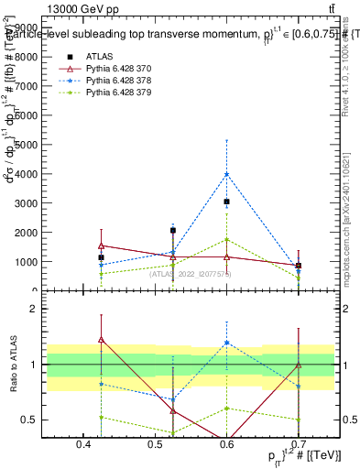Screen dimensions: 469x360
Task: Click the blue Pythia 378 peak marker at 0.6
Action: pos(227,174)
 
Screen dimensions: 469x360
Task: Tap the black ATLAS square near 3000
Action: pos(227,202)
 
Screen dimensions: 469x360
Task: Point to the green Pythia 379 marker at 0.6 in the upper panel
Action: pos(227,240)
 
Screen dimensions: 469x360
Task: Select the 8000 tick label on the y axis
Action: pos(28,57)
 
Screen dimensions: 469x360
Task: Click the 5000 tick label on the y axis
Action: pos(28,145)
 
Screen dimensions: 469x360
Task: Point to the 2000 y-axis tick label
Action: pos(28,233)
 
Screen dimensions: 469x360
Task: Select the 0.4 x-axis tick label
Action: pos(85,445)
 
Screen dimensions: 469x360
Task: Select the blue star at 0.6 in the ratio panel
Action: pos(227,343)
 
